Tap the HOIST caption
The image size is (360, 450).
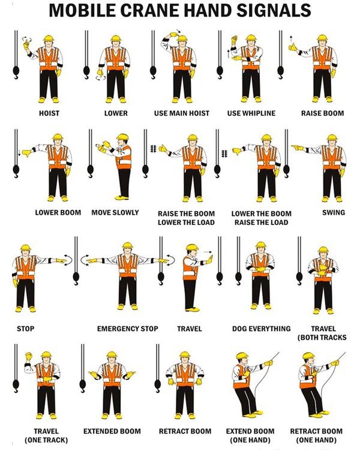pos(49,113)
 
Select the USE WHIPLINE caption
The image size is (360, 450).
pos(251,113)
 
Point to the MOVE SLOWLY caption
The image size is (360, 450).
pos(115,212)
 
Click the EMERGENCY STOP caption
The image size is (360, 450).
pos(127,329)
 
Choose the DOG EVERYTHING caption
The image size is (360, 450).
pos(261,329)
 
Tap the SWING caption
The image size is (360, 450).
pos(334,212)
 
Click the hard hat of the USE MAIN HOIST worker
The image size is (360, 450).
pos(182,38)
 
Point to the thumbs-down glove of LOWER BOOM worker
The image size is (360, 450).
pos(26,152)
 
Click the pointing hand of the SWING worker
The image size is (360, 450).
pos(297,148)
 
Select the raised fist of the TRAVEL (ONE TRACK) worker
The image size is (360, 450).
pos(29,356)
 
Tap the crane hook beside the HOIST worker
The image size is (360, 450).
pos(16,73)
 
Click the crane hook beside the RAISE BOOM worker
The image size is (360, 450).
pos(280,73)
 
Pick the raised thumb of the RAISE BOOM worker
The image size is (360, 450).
pos(293,47)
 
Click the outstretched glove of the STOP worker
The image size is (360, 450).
pos(61,260)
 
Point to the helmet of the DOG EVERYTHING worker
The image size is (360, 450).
pos(260,245)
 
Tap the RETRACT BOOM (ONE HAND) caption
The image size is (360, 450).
pos(316,436)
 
